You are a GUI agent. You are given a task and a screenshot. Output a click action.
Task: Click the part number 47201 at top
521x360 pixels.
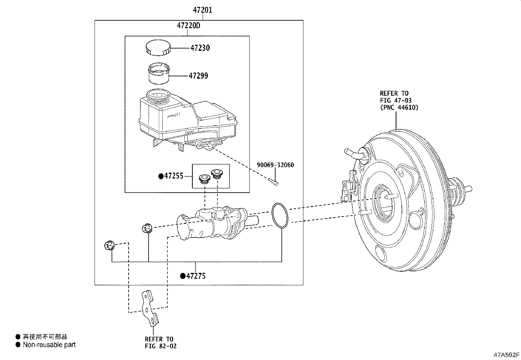(x=202, y=10)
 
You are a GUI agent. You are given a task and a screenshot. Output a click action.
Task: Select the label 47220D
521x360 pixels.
(x=189, y=25)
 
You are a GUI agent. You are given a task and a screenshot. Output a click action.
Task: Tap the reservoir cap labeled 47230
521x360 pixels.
(x=158, y=48)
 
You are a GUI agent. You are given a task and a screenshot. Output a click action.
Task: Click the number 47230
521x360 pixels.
(x=200, y=48)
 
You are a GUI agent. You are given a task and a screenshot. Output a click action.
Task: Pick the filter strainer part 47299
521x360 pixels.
(x=159, y=73)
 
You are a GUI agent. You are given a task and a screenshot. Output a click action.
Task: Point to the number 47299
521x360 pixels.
(x=198, y=76)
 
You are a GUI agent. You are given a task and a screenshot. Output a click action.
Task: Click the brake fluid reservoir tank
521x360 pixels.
(x=188, y=120)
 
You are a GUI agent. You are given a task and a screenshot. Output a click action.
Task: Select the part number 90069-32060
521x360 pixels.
(x=275, y=165)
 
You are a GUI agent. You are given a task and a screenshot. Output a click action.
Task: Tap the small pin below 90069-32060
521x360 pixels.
(x=273, y=182)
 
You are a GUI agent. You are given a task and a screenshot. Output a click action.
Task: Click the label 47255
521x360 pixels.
(x=174, y=176)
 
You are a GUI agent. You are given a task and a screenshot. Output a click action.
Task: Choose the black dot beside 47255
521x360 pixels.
(x=161, y=176)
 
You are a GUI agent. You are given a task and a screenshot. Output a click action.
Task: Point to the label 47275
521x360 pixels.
(x=196, y=276)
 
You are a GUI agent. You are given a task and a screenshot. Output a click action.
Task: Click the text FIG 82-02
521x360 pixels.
(x=161, y=346)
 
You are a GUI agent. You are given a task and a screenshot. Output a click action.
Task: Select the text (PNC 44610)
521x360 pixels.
(x=399, y=107)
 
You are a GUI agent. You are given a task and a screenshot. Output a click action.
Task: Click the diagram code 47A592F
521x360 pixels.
(x=506, y=355)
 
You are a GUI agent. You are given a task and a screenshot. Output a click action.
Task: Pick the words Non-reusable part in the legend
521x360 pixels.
(x=49, y=345)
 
